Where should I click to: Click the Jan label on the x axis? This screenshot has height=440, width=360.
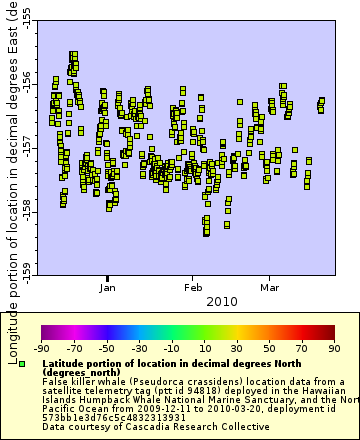click(109, 287)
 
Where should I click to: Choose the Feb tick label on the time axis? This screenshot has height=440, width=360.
click(193, 287)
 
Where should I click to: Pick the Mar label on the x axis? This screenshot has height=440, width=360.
click(269, 287)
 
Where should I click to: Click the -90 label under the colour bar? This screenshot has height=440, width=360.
click(41, 348)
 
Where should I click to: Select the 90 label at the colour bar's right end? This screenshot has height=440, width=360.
click(335, 348)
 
